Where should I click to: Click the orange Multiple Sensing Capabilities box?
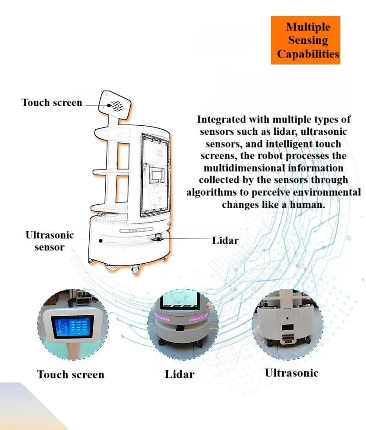point(305,40)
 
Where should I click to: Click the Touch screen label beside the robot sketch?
point(52,102)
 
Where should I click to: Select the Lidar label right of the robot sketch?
point(226,240)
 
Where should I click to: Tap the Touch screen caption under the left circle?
point(70,374)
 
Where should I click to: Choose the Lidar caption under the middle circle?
point(179,374)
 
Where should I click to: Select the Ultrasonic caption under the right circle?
point(291,372)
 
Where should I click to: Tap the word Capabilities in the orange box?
point(308,54)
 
